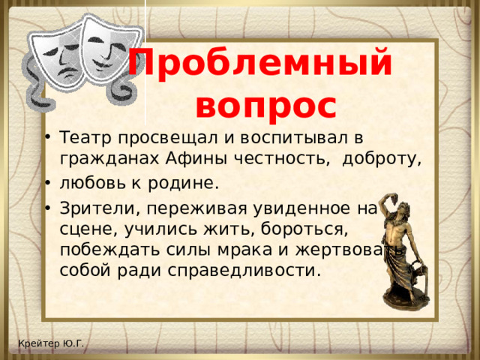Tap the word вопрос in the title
coord(265,105)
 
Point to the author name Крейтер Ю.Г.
coord(52,343)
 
